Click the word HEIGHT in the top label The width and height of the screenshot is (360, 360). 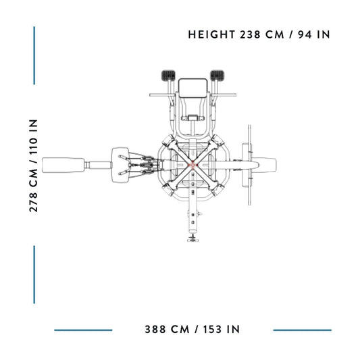pos(211,34)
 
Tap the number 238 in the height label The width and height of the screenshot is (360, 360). pos(251,34)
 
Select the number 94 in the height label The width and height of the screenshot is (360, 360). pos(305,34)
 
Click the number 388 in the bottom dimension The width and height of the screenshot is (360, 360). pos(155,329)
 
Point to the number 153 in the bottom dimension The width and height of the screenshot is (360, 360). pos(213,329)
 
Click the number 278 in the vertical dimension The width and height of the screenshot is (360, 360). pos(34,202)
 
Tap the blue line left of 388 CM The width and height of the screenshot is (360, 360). pos(83,330)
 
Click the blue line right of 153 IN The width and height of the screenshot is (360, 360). pos(302,330)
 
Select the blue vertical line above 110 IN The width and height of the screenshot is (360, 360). pos(34,55)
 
